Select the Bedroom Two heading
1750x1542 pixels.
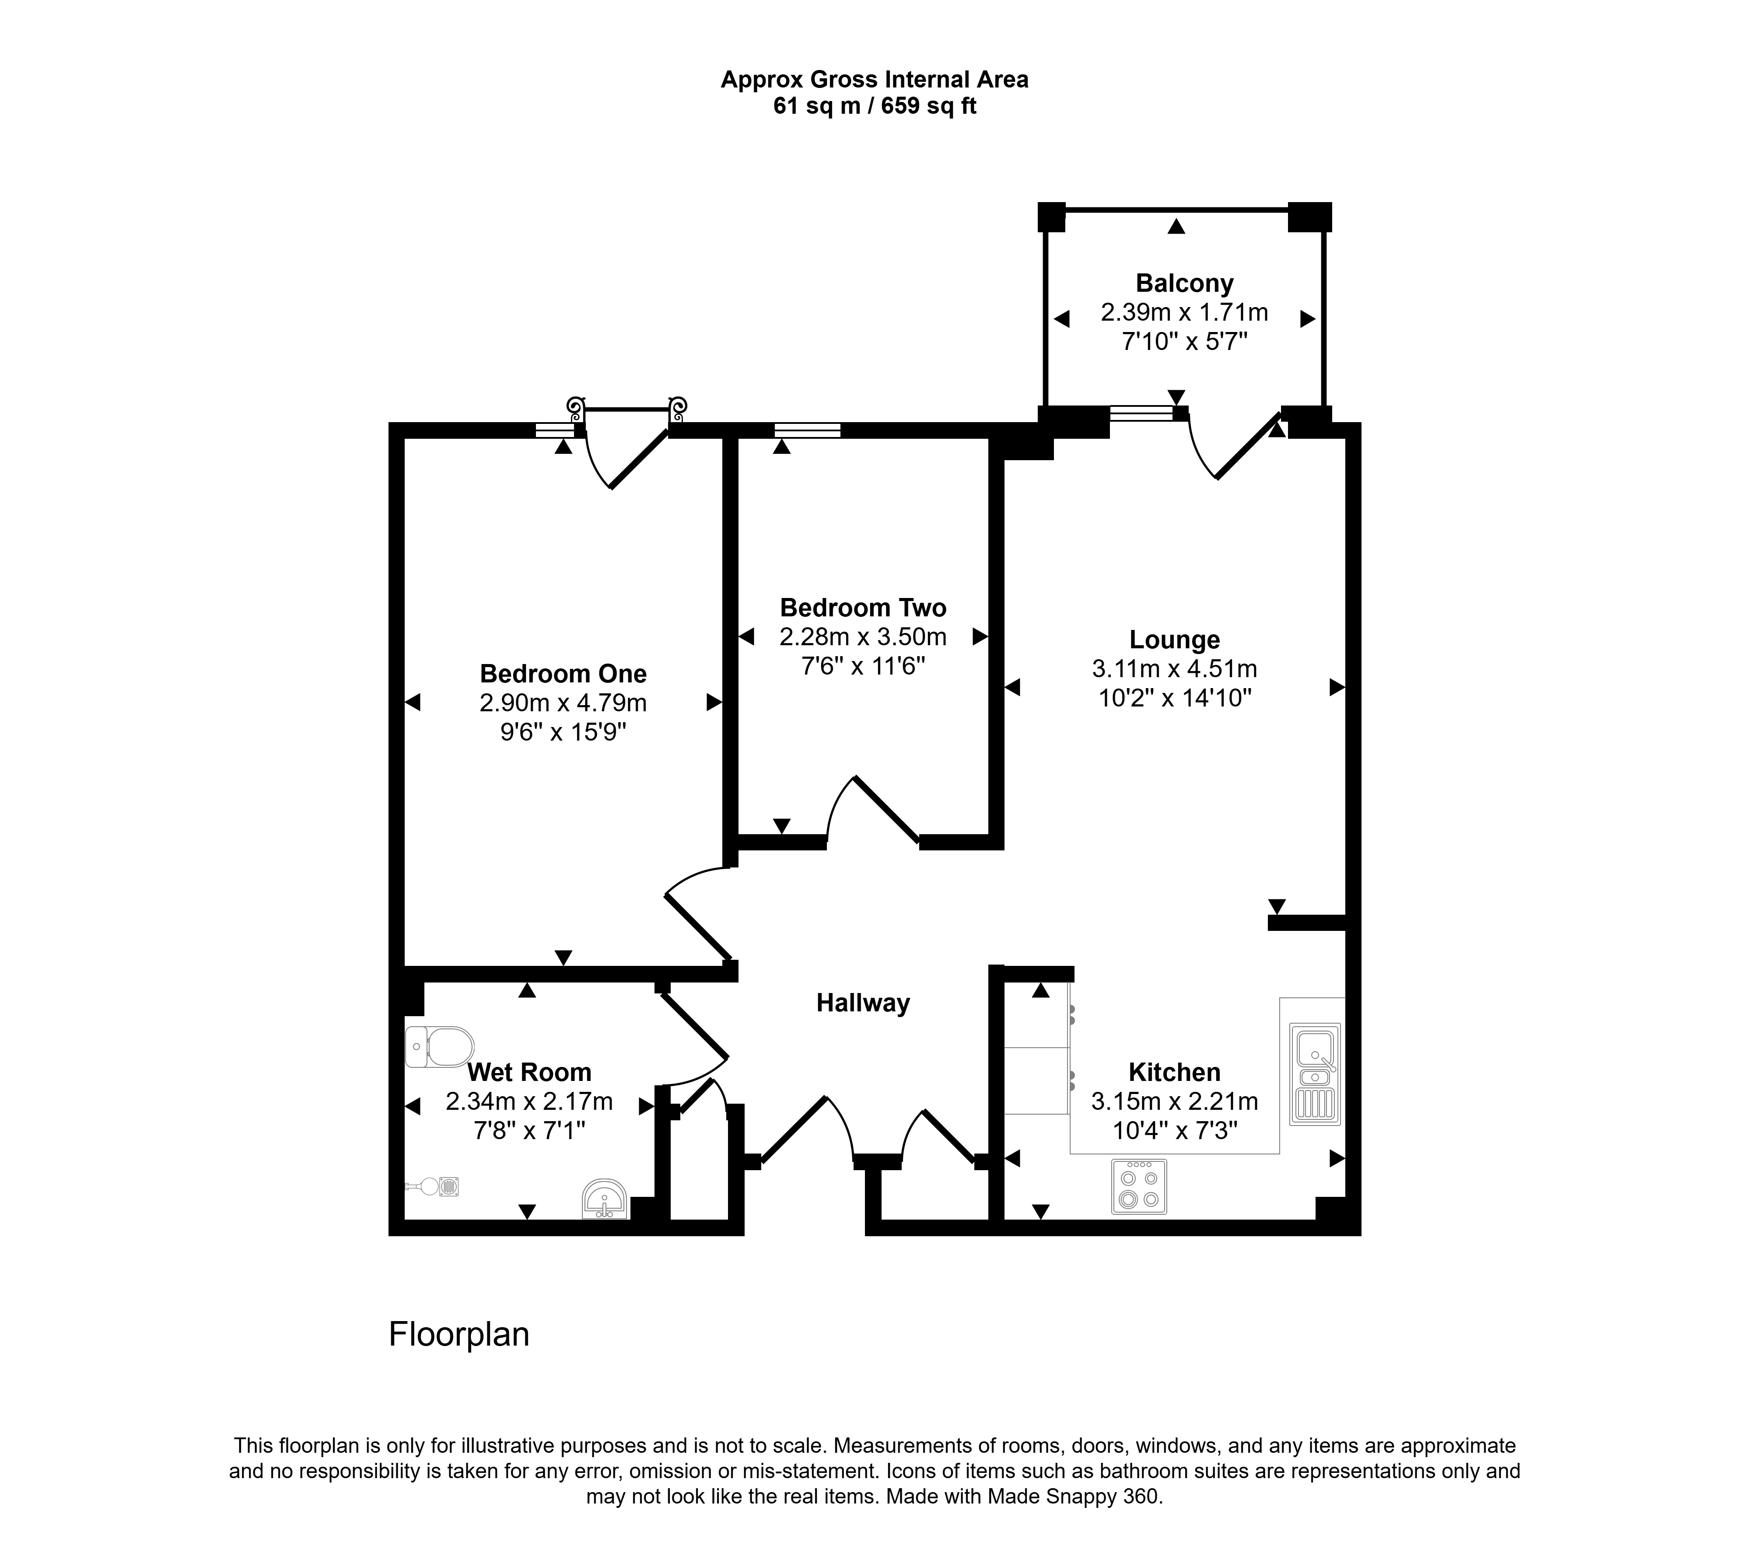point(863,608)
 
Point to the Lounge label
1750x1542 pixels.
point(1175,640)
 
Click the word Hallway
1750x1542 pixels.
point(863,1004)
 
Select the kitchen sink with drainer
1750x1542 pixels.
point(1315,1073)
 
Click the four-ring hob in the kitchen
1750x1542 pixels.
point(1139,1187)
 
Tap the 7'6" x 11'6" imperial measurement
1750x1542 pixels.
point(863,666)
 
